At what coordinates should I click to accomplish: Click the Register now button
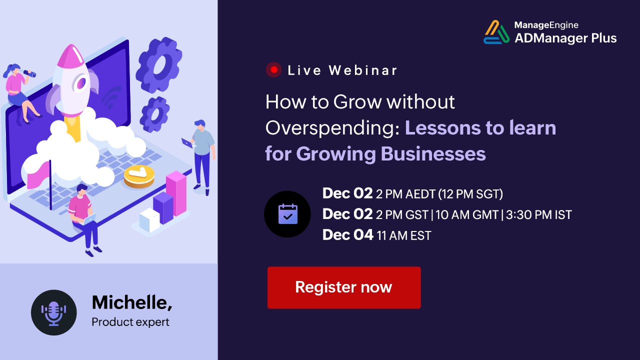pyautogui.click(x=344, y=287)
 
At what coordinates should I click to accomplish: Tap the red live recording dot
pyautogui.click(x=273, y=69)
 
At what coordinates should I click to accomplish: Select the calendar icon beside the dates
pyautogui.click(x=287, y=214)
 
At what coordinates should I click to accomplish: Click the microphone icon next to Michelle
pyautogui.click(x=53, y=312)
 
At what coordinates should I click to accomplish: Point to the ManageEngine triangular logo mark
pyautogui.click(x=496, y=32)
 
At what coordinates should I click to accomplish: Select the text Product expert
pyautogui.click(x=130, y=322)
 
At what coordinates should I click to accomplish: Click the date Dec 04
pyautogui.click(x=347, y=235)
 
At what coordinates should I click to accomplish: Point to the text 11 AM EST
pyautogui.click(x=404, y=235)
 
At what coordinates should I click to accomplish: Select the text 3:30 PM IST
pyautogui.click(x=539, y=215)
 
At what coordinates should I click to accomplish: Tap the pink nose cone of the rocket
pyautogui.click(x=70, y=55)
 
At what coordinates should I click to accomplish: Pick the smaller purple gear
pyautogui.click(x=154, y=114)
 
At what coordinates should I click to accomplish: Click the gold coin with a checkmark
pyautogui.click(x=139, y=176)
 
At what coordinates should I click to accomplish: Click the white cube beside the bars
pyautogui.click(x=149, y=219)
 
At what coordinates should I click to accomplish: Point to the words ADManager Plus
pyautogui.click(x=565, y=38)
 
